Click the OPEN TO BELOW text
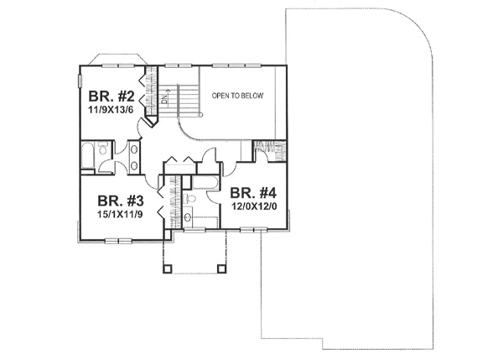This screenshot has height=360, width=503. [237, 96]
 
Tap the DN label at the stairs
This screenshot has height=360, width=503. [164, 101]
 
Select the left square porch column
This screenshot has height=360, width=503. [166, 269]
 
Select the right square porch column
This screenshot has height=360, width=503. [222, 269]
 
